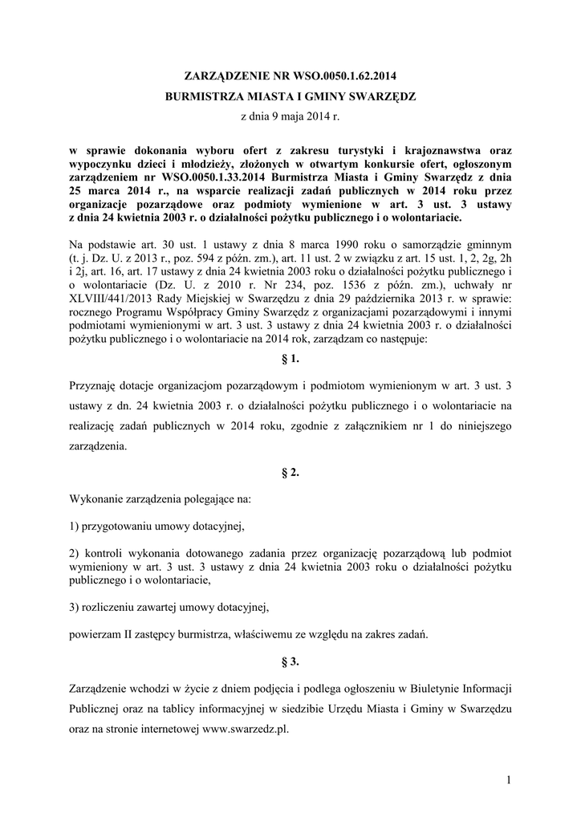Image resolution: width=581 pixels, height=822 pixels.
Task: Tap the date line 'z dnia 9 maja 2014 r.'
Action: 290,117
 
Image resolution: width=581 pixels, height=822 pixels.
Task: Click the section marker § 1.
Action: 290,359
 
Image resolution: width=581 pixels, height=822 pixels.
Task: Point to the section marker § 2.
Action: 290,473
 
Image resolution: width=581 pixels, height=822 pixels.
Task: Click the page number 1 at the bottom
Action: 509,779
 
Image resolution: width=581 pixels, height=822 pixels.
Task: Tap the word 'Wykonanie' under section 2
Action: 96,499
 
